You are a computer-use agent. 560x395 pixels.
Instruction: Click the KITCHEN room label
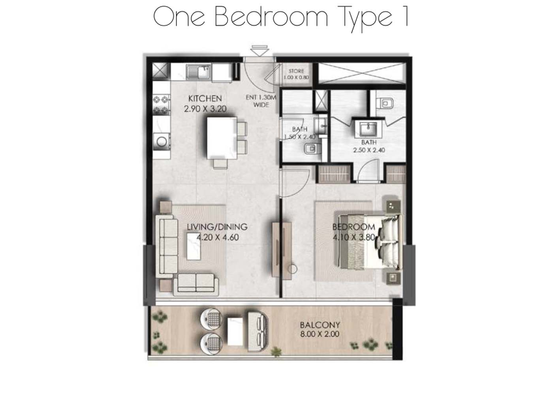(205, 98)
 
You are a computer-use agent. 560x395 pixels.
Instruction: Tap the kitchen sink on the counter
(198, 73)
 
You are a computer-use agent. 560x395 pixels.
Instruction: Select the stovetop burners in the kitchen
(161, 105)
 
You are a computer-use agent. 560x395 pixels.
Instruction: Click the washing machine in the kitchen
(161, 142)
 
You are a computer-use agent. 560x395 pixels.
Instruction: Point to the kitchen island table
(222, 138)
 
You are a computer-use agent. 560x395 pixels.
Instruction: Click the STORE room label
(296, 71)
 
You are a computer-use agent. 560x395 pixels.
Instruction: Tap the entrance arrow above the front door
(260, 50)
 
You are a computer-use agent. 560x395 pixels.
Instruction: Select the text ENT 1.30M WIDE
(261, 101)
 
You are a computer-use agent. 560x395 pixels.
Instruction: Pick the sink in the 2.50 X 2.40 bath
(368, 129)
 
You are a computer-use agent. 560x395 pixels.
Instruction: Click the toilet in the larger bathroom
(387, 103)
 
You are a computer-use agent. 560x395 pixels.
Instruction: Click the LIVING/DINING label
(217, 227)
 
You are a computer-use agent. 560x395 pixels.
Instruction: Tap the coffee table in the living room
(193, 246)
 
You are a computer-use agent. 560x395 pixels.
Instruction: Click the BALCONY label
(320, 325)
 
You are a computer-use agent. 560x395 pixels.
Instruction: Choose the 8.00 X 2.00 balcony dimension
(320, 334)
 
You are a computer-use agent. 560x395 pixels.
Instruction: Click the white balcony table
(235, 331)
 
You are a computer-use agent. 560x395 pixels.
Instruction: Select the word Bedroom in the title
(271, 17)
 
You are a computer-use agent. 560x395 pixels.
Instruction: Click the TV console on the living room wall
(276, 250)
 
